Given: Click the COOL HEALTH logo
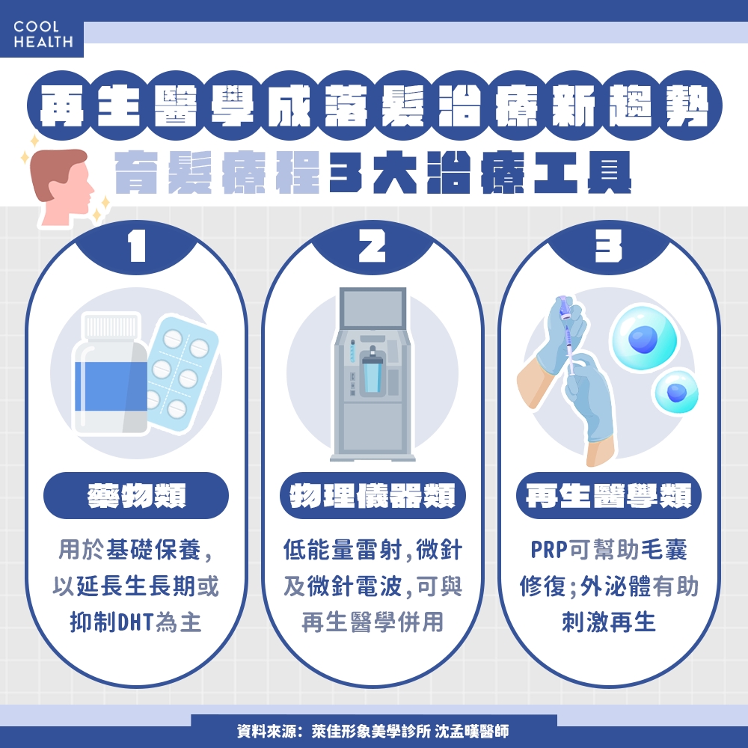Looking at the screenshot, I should (43, 34).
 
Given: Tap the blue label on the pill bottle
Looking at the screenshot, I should (109, 385).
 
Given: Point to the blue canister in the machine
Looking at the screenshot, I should (371, 373).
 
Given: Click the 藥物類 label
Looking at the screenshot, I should (135, 496).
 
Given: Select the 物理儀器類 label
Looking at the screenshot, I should (372, 496).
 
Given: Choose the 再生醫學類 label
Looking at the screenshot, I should (608, 496).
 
